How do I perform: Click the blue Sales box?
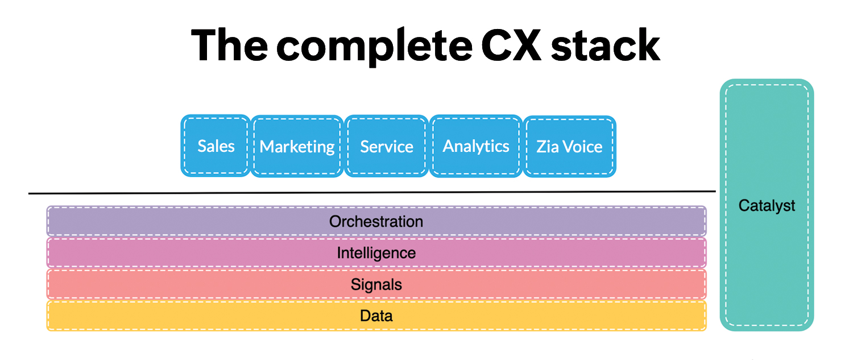pos(216,146)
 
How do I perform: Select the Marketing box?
pos(297,147)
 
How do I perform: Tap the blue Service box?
pos(387,147)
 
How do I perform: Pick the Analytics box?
pos(476,146)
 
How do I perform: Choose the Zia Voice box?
pos(569,147)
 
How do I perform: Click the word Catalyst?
pos(767,206)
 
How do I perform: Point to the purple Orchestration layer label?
pos(376,221)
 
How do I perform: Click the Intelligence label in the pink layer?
pos(376,253)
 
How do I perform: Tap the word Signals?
pos(376,284)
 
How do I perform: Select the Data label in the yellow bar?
pos(376,316)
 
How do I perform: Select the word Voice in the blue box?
pos(581,147)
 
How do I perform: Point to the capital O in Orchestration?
pos(335,221)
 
